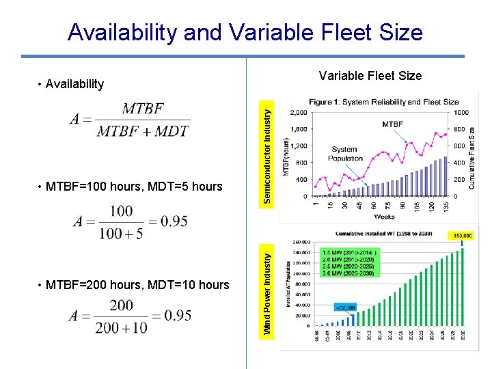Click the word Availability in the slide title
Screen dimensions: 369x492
tap(121, 32)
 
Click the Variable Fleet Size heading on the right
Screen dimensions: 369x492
tap(370, 76)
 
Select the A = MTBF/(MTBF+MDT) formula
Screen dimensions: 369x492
tap(130, 120)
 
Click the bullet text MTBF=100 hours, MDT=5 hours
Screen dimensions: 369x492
tap(134, 186)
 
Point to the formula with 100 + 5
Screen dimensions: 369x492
tap(130, 222)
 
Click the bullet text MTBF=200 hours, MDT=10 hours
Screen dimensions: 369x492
tap(137, 284)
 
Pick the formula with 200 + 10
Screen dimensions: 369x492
tap(130, 316)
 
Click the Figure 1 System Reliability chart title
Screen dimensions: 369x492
tap(383, 102)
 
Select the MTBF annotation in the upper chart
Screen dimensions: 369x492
tap(392, 124)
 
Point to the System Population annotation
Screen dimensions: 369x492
tap(346, 154)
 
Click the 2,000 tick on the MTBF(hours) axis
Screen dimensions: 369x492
tap(298, 113)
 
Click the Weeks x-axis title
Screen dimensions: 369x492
tap(384, 217)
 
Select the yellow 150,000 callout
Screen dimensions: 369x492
tap(462, 236)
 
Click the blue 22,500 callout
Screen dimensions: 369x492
tap(345, 307)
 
